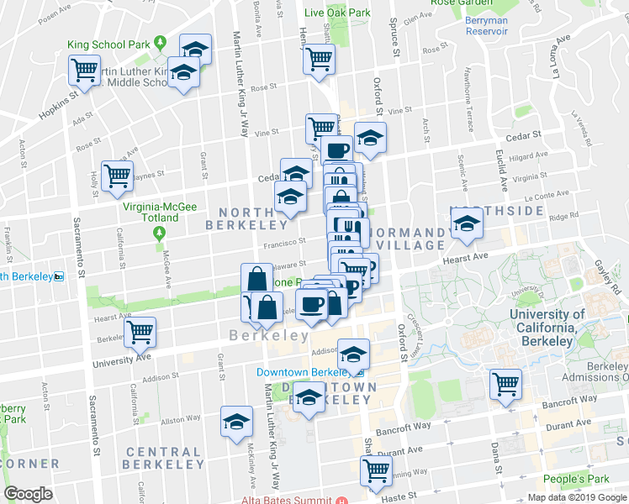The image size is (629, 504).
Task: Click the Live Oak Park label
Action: pos(337,13)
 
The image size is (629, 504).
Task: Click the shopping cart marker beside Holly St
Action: pos(117,176)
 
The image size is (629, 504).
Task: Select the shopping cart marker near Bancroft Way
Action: pos(506,385)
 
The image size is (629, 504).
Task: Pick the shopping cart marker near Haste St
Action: pos(376,470)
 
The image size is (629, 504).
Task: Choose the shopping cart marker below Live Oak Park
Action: pos(319,60)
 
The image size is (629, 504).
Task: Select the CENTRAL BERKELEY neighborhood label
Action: pos(164,457)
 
